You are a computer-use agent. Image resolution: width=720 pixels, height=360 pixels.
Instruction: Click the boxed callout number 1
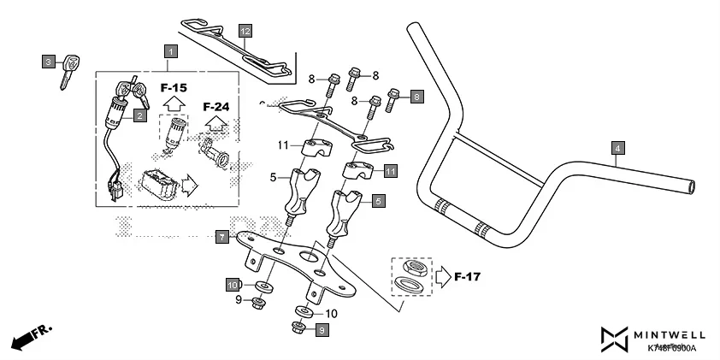coord(170,52)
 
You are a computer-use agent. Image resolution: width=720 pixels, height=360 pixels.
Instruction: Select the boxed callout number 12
coord(245,32)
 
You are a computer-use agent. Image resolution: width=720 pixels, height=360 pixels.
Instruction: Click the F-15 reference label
coord(174,87)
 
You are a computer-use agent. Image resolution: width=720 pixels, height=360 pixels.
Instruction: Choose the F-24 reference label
coord(216,107)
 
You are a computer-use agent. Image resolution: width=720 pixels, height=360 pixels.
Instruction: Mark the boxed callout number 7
coord(221,236)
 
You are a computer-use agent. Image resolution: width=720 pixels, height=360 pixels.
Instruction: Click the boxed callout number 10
coord(233,284)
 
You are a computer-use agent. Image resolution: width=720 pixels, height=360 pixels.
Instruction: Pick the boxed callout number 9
coord(322,329)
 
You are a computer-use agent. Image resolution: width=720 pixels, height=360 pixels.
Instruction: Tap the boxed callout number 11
coord(391,171)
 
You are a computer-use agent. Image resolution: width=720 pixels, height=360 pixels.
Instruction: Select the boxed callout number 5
coord(378,202)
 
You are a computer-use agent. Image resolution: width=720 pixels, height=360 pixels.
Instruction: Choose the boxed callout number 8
coord(417,97)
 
